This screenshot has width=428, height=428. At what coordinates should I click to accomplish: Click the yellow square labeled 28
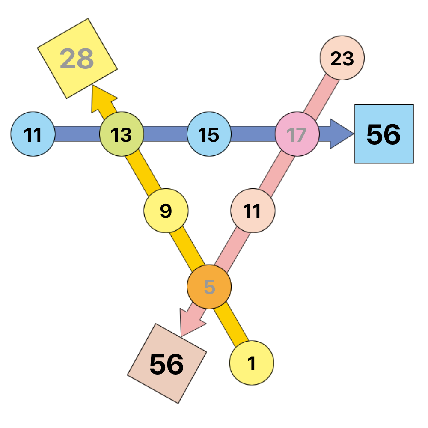tap(77, 58)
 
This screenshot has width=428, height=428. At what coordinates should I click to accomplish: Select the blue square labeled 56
tap(384, 134)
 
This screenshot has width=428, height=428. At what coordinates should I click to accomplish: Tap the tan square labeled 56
tap(167, 363)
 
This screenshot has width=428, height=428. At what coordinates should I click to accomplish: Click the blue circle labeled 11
tap(33, 134)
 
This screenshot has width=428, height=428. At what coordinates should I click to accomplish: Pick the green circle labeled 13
tap(122, 134)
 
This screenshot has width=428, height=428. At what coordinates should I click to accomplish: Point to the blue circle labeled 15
tap(209, 134)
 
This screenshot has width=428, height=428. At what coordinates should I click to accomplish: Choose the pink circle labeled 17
tap(297, 134)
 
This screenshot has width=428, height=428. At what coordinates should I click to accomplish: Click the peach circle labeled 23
tap(342, 58)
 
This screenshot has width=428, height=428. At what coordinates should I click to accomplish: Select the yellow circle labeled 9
tap(166, 211)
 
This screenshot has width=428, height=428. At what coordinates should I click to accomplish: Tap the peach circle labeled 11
tap(253, 211)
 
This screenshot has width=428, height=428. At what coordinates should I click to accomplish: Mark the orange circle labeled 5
tap(209, 287)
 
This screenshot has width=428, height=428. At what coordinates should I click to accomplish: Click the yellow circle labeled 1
tap(252, 363)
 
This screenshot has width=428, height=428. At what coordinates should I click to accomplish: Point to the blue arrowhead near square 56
tap(341, 134)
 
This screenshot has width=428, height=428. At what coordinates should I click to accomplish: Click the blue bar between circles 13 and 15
tap(165, 134)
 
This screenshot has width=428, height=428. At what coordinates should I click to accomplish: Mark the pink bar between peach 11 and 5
tap(232, 249)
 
